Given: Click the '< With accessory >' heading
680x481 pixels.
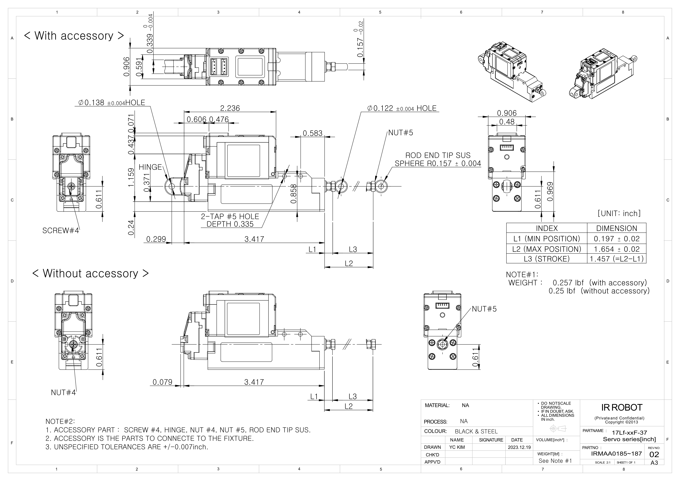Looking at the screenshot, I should coord(74,36).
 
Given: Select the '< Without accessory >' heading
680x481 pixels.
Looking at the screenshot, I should coord(90,273).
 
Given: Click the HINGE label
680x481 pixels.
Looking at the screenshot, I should coord(150,167).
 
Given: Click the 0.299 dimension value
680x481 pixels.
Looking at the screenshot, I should coord(156,239).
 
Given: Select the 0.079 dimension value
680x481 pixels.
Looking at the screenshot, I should coord(162,382).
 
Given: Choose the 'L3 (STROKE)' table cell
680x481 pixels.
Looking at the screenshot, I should coord(546,259).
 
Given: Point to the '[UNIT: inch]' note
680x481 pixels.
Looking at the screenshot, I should coord(619,213).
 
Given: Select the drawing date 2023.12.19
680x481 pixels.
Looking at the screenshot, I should coord(519,447).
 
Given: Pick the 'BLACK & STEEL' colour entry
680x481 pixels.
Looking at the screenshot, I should coord(476,432).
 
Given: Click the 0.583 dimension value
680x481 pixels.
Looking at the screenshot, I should coord(313,133).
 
